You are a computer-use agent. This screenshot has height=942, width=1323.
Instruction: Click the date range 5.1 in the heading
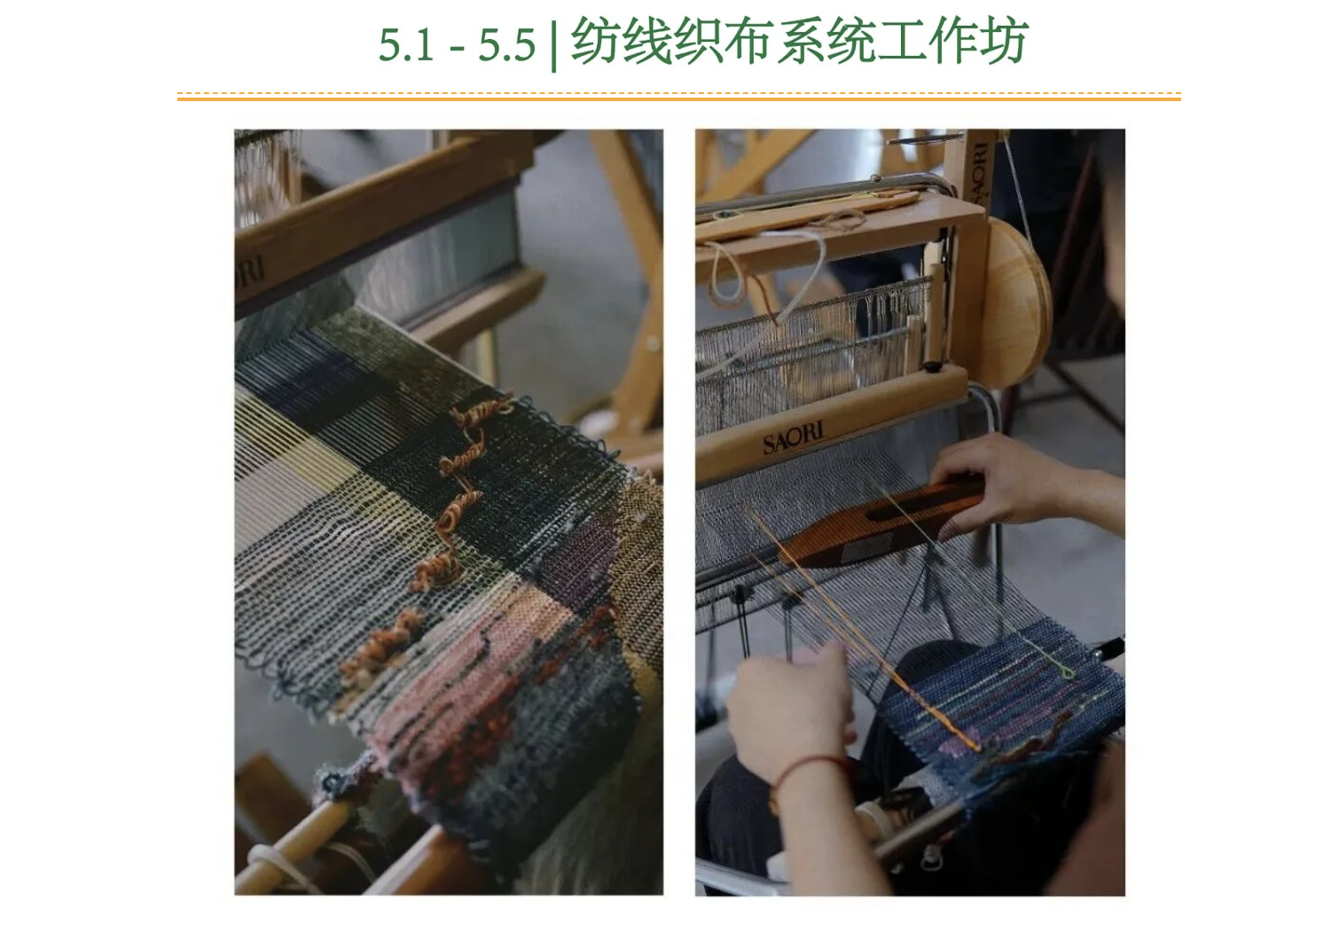pyautogui.click(x=406, y=45)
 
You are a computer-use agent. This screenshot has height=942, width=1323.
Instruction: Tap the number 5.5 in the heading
pyautogui.click(x=506, y=45)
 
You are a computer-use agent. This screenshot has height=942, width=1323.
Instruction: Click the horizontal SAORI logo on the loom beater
pyautogui.click(x=794, y=438)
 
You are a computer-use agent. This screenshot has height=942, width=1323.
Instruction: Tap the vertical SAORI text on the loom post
pyautogui.click(x=980, y=172)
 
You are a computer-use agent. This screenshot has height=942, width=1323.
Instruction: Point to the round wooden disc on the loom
pyautogui.click(x=1017, y=302)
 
